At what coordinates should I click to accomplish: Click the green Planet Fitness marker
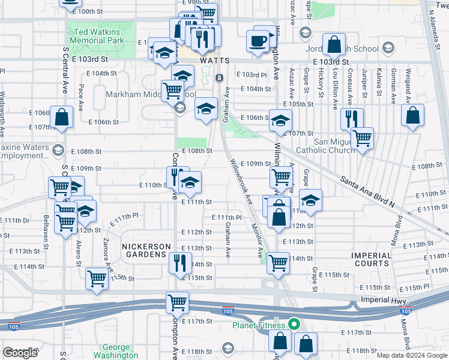point(294,326)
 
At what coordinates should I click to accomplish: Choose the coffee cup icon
point(258,41)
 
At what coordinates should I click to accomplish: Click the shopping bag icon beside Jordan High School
point(334,44)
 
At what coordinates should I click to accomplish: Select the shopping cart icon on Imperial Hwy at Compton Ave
point(178,302)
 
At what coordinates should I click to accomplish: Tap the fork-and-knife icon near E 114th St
point(180,262)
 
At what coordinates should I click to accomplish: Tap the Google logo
point(20,353)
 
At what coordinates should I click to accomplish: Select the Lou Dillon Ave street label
point(334,90)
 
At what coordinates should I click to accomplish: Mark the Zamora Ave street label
point(107,257)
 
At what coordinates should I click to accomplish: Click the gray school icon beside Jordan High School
point(388,48)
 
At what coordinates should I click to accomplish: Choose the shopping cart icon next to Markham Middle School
point(173,91)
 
